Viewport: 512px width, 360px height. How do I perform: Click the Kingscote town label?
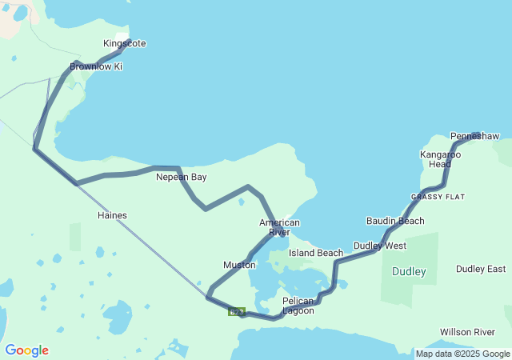click(x=125, y=43)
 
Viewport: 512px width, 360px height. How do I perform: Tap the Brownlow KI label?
click(x=96, y=66)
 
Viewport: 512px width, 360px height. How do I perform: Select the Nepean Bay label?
click(x=181, y=177)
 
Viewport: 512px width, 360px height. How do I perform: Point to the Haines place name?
click(x=112, y=215)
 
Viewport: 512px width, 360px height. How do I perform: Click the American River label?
click(x=279, y=227)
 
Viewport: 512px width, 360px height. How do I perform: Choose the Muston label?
click(x=239, y=265)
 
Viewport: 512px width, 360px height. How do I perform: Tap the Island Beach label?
click(x=316, y=253)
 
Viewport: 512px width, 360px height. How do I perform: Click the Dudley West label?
click(x=380, y=246)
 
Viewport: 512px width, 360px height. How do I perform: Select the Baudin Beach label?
click(x=395, y=221)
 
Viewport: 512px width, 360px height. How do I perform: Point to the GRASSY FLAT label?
click(x=438, y=197)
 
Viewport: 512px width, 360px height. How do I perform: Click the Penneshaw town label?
click(x=474, y=136)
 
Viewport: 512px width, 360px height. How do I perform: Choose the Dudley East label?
click(x=481, y=269)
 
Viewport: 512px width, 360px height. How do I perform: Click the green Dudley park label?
click(x=409, y=272)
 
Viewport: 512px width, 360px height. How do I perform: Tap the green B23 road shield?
click(x=235, y=312)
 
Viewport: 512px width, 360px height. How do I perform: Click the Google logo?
click(x=26, y=350)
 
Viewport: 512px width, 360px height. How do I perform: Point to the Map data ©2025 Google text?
click(x=462, y=354)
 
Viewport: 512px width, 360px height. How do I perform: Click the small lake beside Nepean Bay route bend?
click(x=241, y=202)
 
